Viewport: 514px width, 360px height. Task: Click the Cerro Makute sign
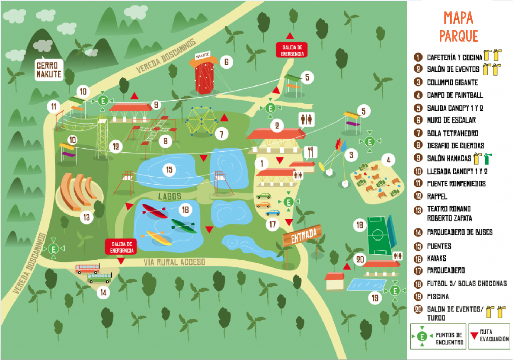pyautogui.click(x=49, y=69)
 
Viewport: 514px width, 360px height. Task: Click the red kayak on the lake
pyautogui.click(x=154, y=211)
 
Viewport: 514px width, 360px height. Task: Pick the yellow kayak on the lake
pyautogui.click(x=159, y=237)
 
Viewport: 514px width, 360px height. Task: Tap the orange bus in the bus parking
pyautogui.click(x=88, y=269)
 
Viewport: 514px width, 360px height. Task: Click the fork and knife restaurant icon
pyautogui.click(x=312, y=150)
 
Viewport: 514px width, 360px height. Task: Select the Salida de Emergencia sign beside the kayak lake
pyautogui.click(x=120, y=246)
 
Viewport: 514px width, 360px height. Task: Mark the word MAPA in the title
pyautogui.click(x=458, y=18)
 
